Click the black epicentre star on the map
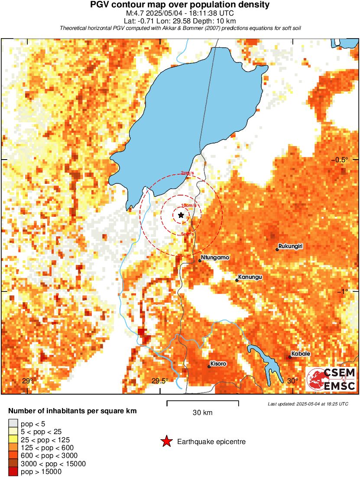point(181,215)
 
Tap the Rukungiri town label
point(291,246)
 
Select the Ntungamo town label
point(215,258)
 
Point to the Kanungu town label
point(251,277)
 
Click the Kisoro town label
point(218,363)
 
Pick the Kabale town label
point(301,354)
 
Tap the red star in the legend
point(166,442)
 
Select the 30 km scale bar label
point(202,413)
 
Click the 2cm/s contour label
point(188,173)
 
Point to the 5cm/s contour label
point(187,234)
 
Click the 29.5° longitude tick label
point(160,381)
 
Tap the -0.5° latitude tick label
point(341,160)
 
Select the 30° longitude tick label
point(293,381)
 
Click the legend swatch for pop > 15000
point(13,472)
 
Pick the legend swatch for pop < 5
point(13,424)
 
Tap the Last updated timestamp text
point(308,404)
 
